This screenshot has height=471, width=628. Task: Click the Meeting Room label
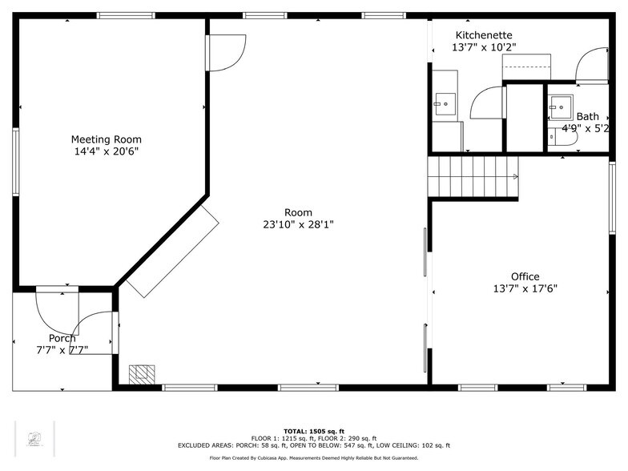106,139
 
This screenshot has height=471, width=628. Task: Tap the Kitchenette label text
484,35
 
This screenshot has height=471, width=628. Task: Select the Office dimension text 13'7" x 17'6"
525,289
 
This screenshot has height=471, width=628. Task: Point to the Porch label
62,338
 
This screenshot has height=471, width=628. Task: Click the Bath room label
587,116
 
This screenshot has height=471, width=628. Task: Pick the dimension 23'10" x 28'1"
298,225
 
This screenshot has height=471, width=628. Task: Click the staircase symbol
473,176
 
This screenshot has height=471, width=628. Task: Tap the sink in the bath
560,106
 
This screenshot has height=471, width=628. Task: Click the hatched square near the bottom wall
142,373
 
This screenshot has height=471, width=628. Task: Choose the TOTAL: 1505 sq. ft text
313,431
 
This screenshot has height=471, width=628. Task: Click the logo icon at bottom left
34,438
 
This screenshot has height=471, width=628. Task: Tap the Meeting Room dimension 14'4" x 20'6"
106,151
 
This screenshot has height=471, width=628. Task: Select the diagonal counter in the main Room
171,250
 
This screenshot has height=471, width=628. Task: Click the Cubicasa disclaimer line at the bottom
313,458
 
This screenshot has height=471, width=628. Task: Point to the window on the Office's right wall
612,187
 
